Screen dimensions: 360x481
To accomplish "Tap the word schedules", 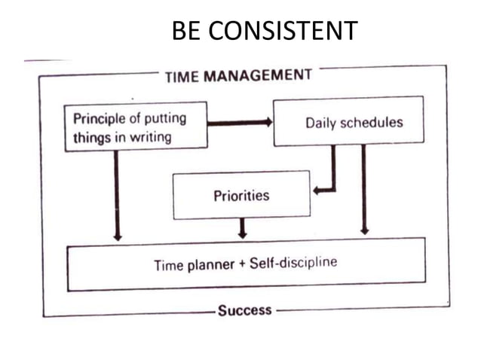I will [374, 123].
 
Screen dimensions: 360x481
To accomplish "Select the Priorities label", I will [241, 196].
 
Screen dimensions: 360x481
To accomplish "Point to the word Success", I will [244, 310].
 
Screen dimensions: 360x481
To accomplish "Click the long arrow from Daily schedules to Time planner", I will [364, 188].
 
